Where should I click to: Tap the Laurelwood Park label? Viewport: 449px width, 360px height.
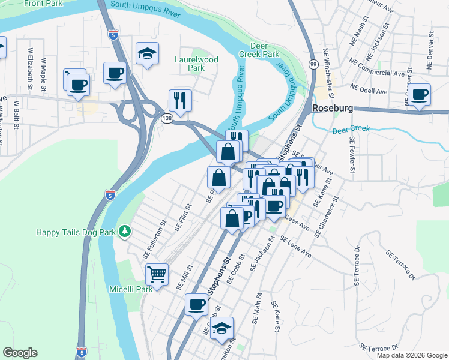pyautogui.click(x=196, y=64)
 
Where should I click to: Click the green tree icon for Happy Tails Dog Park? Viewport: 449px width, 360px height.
pyautogui.click(x=125, y=231)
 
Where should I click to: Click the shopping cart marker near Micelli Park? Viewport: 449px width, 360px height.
pyautogui.click(x=157, y=275)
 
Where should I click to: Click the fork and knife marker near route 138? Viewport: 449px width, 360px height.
pyautogui.click(x=180, y=98)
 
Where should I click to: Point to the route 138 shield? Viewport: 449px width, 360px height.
pyautogui.click(x=166, y=119)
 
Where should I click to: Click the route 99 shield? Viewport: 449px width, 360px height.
pyautogui.click(x=313, y=64)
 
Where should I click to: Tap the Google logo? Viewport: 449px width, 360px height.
pyautogui.click(x=20, y=353)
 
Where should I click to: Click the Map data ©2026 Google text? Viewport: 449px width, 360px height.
pyautogui.click(x=411, y=355)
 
